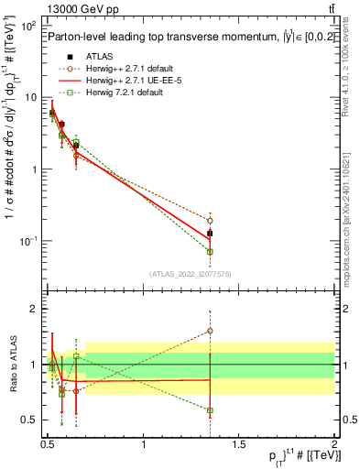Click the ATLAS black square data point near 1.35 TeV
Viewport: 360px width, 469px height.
pyautogui.click(x=211, y=234)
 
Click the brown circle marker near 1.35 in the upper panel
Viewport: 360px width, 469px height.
pyautogui.click(x=211, y=221)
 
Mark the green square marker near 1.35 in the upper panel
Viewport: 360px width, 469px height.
pyautogui.click(x=211, y=251)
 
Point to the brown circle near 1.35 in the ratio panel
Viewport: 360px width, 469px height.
pyautogui.click(x=211, y=331)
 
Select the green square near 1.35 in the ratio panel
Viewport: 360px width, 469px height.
pyautogui.click(x=211, y=410)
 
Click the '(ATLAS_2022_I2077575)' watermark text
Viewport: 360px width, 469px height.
pyautogui.click(x=191, y=273)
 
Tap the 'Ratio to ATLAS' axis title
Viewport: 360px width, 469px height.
pyautogui.click(x=11, y=365)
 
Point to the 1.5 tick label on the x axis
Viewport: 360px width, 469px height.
pyautogui.click(x=239, y=444)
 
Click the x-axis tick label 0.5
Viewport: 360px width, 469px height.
pyautogui.click(x=48, y=444)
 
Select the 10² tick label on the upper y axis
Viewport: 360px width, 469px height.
pyautogui.click(x=28, y=26)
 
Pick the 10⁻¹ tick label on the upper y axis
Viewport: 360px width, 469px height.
pyautogui.click(x=28, y=241)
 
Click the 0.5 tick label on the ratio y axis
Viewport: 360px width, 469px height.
pyautogui.click(x=30, y=420)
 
